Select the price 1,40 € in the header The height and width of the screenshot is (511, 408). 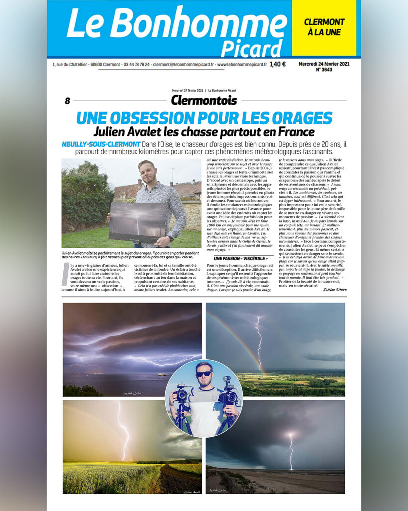pos(277,64)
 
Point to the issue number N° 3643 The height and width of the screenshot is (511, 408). pos(324,70)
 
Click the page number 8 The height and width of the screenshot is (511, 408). pos(67,101)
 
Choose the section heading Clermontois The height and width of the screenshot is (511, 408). pos(204,100)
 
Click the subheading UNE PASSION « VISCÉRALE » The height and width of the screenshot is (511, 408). pos(237,258)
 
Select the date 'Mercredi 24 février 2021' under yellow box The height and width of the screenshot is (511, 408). pos(324,64)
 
